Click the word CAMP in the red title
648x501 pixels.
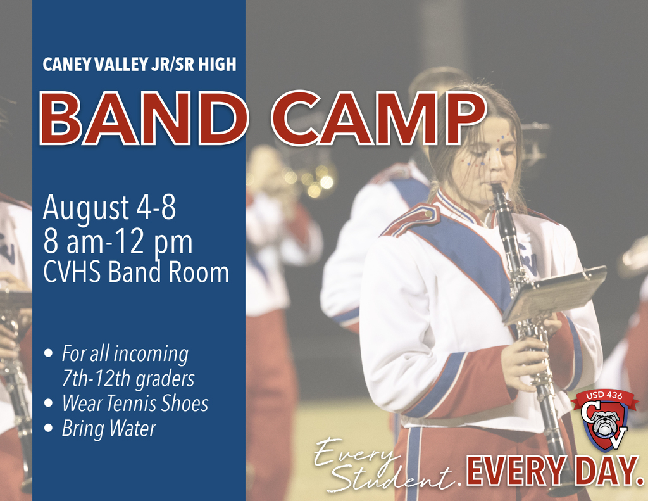[378, 119]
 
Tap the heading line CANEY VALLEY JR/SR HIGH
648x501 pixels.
[139, 65]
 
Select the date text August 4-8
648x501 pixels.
[109, 208]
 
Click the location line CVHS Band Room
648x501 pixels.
[136, 272]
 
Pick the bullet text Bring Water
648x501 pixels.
[108, 429]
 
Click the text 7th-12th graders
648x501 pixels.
[128, 379]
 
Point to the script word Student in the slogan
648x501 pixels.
[392, 478]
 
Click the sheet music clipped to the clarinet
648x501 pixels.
[556, 293]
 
